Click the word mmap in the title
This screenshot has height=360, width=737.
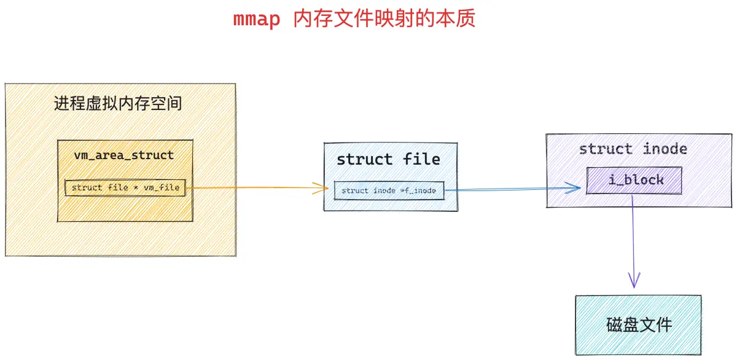click(x=257, y=19)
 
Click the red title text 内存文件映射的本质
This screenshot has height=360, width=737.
click(x=384, y=18)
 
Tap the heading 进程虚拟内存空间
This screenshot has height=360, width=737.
click(x=118, y=103)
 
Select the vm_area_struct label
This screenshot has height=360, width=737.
click(x=123, y=155)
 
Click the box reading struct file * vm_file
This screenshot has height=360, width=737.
click(x=125, y=187)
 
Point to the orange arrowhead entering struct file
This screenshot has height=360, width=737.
click(x=321, y=188)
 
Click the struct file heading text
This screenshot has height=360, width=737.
click(x=388, y=160)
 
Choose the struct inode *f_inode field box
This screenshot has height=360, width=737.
click(x=389, y=190)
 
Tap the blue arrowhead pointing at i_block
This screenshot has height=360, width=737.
click(x=573, y=187)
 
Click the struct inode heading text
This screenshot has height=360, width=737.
click(x=633, y=149)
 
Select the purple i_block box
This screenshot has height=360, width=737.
click(x=634, y=181)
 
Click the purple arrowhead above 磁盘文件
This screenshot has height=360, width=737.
click(x=634, y=280)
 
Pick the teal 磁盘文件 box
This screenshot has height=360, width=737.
click(x=638, y=325)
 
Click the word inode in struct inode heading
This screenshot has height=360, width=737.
click(x=665, y=149)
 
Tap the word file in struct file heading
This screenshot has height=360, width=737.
click(x=421, y=160)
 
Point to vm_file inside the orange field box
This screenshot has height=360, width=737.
click(x=162, y=187)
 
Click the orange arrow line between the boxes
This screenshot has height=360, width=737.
click(x=257, y=187)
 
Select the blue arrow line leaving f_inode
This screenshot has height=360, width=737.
click(x=513, y=189)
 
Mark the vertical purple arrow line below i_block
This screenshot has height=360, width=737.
click(x=633, y=241)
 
